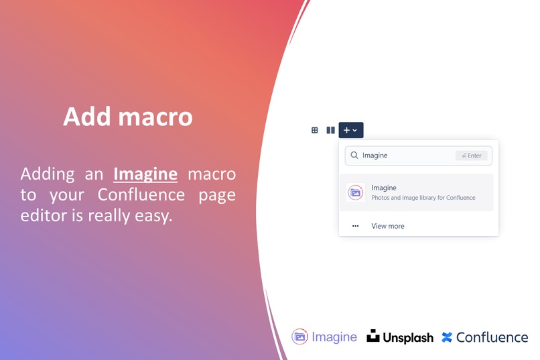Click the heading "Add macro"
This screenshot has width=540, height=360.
point(128,117)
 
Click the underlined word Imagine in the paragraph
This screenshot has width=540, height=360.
point(145,174)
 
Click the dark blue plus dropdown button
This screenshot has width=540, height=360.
point(350,130)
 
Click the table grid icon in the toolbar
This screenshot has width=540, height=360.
point(315,130)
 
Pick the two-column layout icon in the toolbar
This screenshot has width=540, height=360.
point(330,130)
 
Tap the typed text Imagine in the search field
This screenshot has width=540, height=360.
point(375,156)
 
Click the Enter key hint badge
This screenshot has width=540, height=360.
point(472,156)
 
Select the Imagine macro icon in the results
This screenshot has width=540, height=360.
point(356,192)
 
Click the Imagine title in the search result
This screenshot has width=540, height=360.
point(384,188)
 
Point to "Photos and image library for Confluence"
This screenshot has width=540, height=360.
point(423,198)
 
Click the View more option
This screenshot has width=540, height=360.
point(388,226)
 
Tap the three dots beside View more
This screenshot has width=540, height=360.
point(356,226)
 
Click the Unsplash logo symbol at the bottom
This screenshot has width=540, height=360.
point(373,337)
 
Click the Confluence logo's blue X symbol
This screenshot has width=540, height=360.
point(447,337)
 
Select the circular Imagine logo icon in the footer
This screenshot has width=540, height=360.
point(299,337)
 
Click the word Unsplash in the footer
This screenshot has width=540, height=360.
point(408,338)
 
